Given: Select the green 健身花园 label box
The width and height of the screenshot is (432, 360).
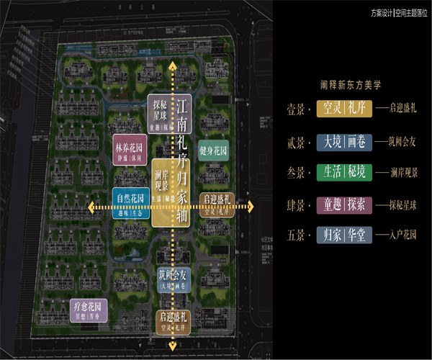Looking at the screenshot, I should tap(214, 152).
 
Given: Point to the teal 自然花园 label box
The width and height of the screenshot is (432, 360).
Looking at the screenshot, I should tap(130, 202).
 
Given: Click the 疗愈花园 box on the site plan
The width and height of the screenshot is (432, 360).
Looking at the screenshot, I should tap(89, 310).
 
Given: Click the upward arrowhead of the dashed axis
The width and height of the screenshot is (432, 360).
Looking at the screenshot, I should tap(172, 65).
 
